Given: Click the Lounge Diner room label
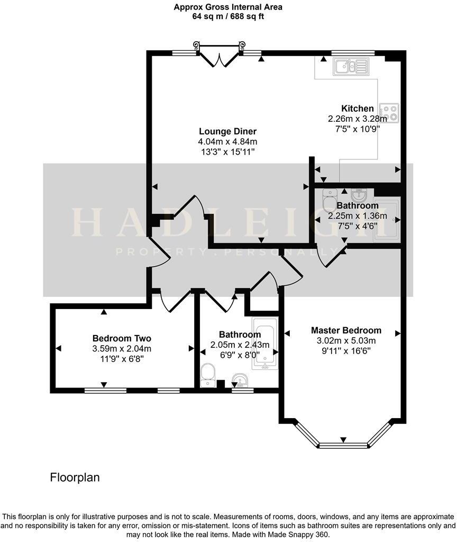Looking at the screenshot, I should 227,131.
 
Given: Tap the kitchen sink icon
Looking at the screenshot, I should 350,66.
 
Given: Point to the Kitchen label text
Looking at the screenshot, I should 358,109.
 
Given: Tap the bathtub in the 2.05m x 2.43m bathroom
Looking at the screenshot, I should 263,343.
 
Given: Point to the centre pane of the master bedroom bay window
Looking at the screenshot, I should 343,446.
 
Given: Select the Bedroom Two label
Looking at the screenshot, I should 122,338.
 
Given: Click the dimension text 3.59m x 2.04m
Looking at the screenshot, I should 122,348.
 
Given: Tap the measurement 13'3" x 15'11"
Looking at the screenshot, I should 227,152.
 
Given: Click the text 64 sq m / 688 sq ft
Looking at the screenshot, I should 228,16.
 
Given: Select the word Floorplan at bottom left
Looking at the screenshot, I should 75,477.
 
